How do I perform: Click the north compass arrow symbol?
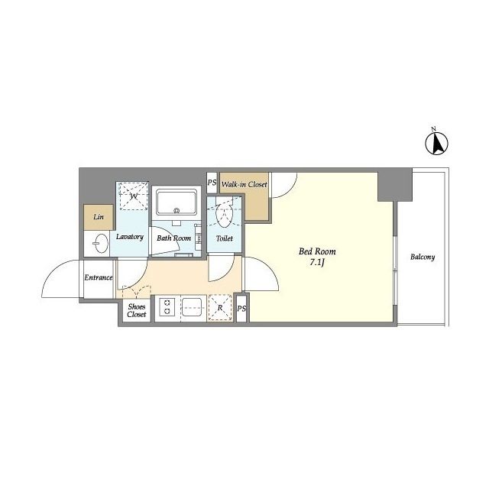pyautogui.click(x=436, y=143)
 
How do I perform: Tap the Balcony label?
pyautogui.click(x=423, y=257)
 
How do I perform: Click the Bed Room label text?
pyautogui.click(x=317, y=251)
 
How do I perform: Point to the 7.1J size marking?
pyautogui.click(x=317, y=263)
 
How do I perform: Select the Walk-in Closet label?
pyautogui.click(x=244, y=184)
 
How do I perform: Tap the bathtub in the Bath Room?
pyautogui.click(x=176, y=202)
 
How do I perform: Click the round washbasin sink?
pyautogui.click(x=100, y=243)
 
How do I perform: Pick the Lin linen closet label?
pyautogui.click(x=99, y=216)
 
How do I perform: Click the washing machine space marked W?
pyautogui.click(x=132, y=196)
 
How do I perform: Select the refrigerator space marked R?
pyautogui.click(x=220, y=307)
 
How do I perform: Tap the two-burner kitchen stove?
pyautogui.click(x=167, y=307)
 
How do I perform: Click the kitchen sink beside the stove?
pyautogui.click(x=192, y=307)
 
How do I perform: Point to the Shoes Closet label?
pyautogui.click(x=137, y=310)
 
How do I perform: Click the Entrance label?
pyautogui.click(x=99, y=277)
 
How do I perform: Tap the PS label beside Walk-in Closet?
pyautogui.click(x=212, y=182)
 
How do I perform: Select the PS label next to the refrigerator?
pyautogui.click(x=241, y=309)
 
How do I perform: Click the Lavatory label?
pyautogui.click(x=130, y=237)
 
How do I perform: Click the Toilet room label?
pyautogui.click(x=225, y=238)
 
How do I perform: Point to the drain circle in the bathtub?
pyautogui.click(x=176, y=211)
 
